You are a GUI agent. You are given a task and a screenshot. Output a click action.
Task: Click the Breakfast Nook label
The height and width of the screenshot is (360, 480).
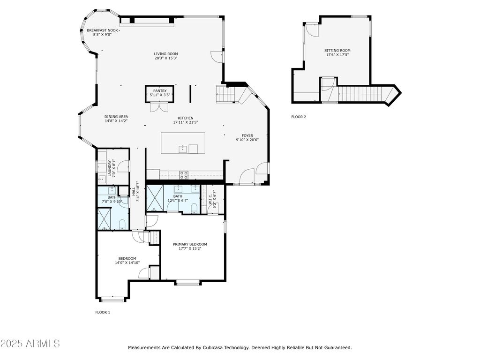pos(102,30)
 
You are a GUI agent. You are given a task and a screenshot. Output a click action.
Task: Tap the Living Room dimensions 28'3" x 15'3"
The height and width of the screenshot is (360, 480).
pos(166,58)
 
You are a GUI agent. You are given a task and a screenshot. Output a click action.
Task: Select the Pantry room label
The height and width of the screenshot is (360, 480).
pos(160,91)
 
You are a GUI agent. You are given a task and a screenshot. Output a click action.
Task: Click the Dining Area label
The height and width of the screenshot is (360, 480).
pos(116,117)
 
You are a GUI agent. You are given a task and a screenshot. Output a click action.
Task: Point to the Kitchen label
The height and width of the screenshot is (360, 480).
pos(186,118)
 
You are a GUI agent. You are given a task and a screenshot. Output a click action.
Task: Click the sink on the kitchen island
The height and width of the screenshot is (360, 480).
pos(183,149)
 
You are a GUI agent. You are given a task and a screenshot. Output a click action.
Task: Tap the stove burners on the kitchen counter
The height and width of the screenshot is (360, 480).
pos(184,175)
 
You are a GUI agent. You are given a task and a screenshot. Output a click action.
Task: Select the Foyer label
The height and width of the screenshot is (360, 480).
pos(247,135)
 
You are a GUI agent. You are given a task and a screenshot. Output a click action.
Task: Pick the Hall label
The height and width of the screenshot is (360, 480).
pos(134,192)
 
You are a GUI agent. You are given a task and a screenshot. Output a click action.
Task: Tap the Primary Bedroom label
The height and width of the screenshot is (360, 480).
pos(190,244)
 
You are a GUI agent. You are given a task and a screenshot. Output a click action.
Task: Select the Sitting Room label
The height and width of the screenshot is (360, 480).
pos(337,51)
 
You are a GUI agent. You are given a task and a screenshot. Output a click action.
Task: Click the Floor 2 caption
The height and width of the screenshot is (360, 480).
pos(299,117)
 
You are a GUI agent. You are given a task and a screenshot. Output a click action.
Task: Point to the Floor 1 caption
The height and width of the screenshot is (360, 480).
pos(103,312)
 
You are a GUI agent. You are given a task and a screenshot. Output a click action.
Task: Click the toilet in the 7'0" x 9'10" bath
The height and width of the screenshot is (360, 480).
pos(122,225)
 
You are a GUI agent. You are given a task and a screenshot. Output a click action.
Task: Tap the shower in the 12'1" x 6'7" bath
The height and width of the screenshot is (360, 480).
pos(155,198)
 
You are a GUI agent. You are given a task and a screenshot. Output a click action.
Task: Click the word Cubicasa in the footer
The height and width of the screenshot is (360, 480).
pos(211,348)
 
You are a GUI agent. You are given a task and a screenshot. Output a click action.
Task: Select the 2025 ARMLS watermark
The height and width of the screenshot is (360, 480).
pos(30,344)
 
